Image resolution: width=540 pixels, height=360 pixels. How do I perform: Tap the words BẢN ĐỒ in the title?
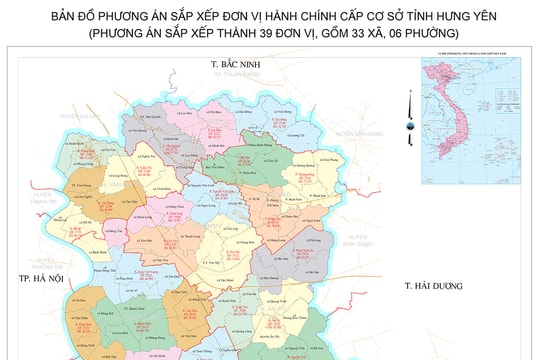click(x=61, y=16)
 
